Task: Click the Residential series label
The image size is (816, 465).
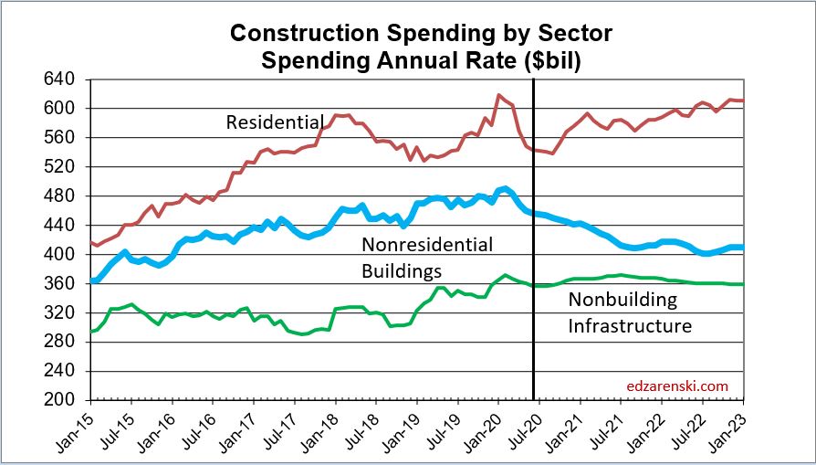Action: [275, 122]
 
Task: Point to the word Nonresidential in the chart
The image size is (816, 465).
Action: [427, 245]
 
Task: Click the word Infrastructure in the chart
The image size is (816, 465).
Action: [630, 326]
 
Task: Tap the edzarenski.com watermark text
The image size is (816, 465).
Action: [677, 386]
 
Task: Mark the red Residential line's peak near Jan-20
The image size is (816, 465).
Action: [498, 95]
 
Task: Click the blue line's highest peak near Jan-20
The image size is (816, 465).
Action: [505, 189]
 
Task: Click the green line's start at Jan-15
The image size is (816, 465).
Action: [91, 331]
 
